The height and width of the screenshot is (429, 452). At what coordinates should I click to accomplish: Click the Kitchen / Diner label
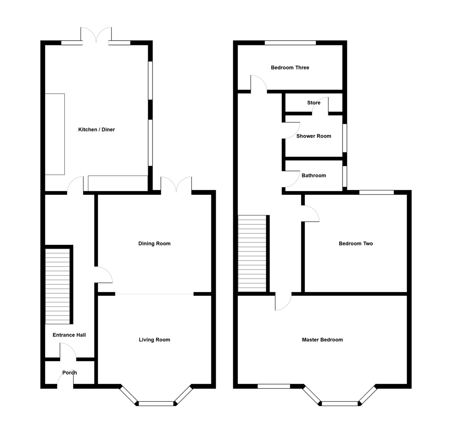(x=96, y=130)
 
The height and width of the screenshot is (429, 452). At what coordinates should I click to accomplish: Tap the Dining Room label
(x=154, y=244)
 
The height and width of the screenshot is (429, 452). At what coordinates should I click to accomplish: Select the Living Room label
(x=154, y=340)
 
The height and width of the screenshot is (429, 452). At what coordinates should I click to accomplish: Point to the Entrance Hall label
(x=69, y=335)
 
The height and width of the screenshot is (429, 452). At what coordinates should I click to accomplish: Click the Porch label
(x=70, y=372)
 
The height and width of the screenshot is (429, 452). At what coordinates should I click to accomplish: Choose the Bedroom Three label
(x=290, y=68)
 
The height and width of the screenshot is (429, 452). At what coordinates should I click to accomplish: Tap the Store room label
(x=314, y=103)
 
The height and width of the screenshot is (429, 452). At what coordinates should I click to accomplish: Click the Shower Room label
(x=314, y=136)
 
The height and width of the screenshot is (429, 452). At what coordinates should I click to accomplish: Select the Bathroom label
(x=314, y=175)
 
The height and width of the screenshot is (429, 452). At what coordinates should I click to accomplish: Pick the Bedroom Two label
(x=356, y=244)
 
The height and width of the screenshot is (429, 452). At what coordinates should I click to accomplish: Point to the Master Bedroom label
(x=322, y=340)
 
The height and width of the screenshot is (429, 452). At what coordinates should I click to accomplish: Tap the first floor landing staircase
(x=252, y=253)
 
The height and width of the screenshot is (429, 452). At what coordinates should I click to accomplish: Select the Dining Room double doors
(x=176, y=185)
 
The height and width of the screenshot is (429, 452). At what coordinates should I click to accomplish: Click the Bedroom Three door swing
(x=259, y=83)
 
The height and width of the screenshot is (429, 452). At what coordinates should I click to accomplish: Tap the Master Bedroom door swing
(x=283, y=302)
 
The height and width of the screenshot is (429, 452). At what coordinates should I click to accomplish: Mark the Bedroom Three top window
(x=290, y=43)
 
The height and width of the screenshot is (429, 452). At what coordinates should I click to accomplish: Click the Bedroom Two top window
(x=376, y=192)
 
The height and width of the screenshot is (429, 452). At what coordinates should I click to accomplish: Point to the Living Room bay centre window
(x=157, y=404)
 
